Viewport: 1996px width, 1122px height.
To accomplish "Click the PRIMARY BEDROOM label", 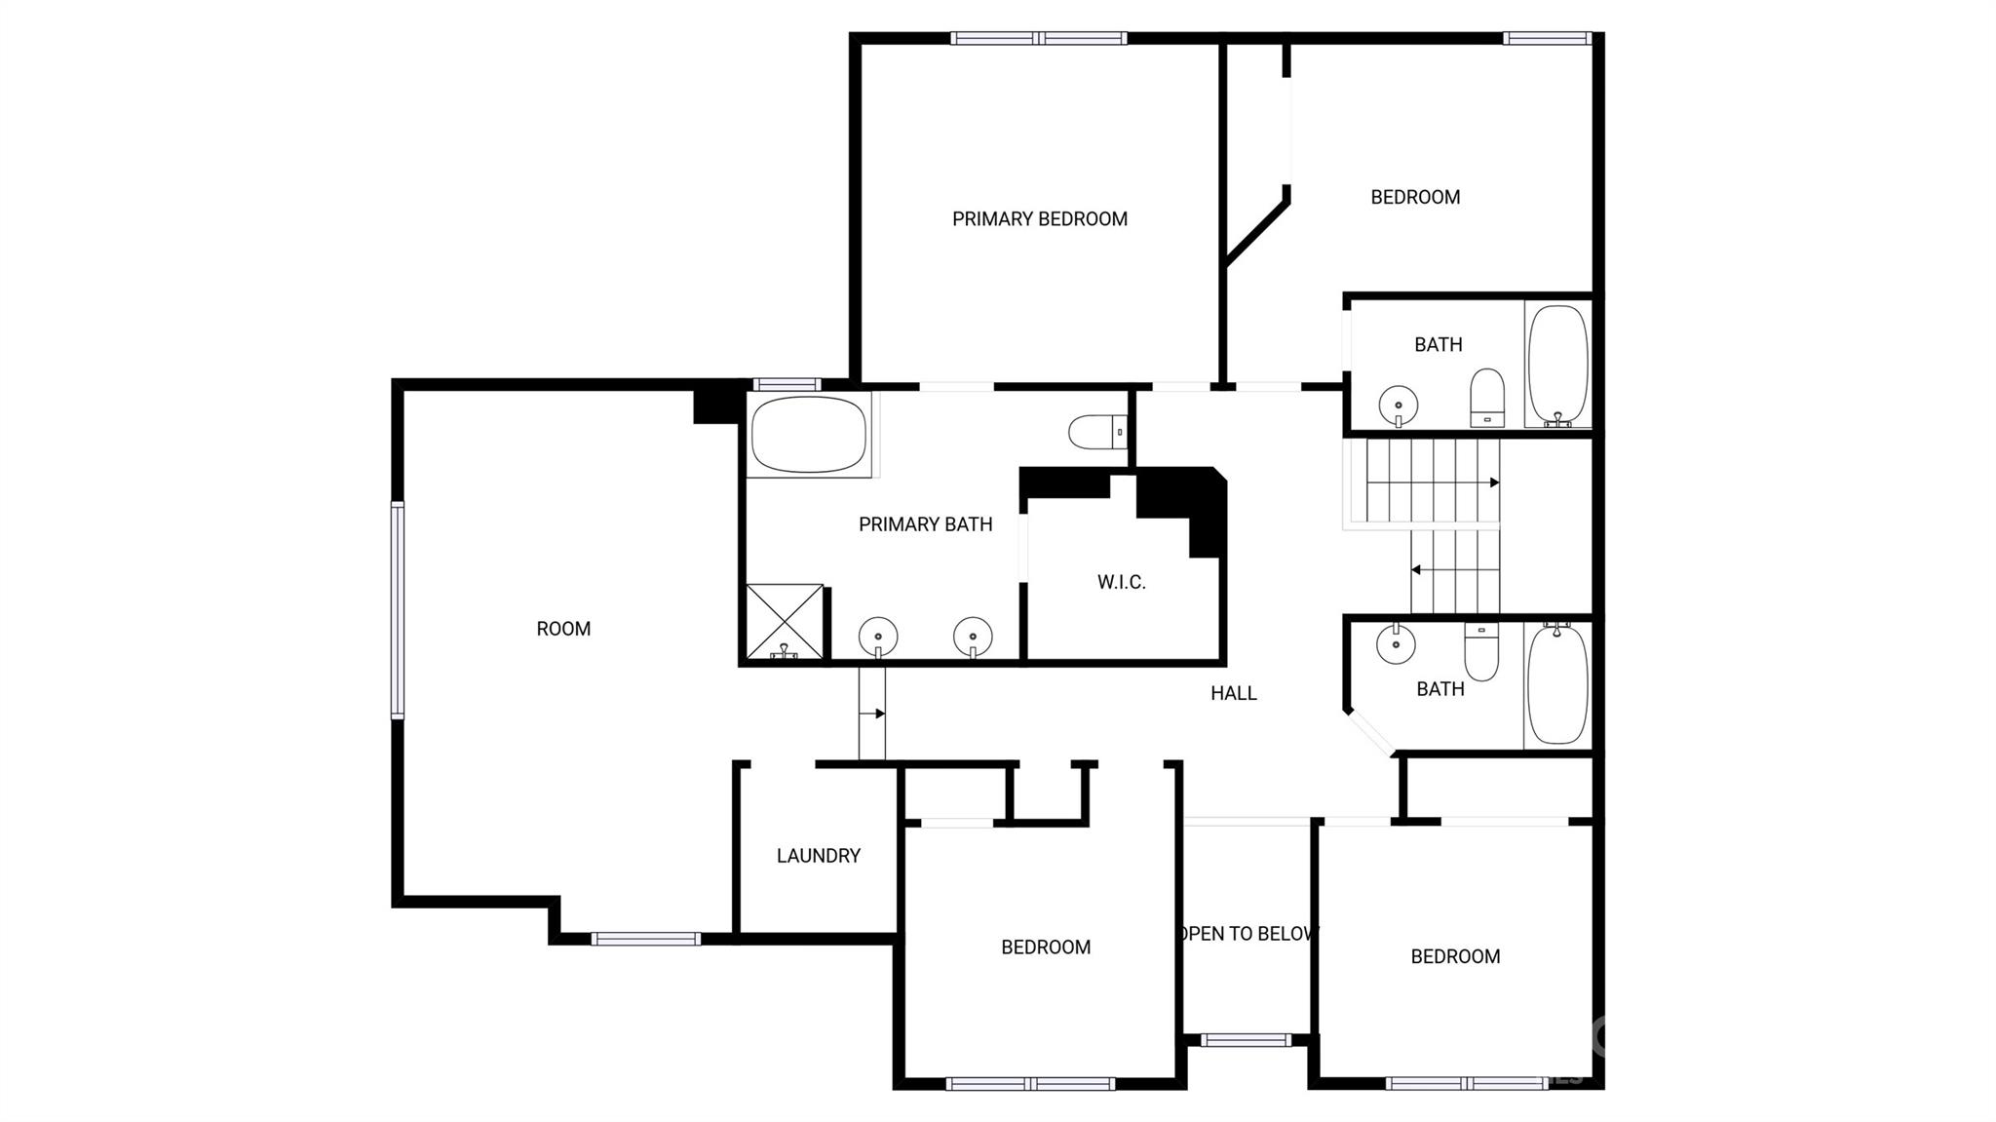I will [x=1039, y=219].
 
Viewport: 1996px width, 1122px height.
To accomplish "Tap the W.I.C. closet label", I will [x=1121, y=583].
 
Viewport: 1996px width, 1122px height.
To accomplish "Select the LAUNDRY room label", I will [x=818, y=856].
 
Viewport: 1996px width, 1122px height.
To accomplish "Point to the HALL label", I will [x=1233, y=693].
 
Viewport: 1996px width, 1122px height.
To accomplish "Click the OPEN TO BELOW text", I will [x=1248, y=934].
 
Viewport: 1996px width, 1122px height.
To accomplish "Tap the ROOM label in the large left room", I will [x=563, y=629].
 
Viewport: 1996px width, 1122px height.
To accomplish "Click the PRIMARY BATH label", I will [x=925, y=524].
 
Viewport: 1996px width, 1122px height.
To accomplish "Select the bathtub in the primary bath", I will [x=808, y=434].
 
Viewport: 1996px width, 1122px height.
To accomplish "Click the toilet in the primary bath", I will [x=1097, y=431].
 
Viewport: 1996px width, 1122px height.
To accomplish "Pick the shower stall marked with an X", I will [x=785, y=621].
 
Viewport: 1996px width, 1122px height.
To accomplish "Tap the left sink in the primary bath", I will [x=878, y=638].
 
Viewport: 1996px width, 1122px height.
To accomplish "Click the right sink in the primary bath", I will [x=973, y=638].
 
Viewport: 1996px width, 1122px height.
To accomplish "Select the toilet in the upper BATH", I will [x=1486, y=398].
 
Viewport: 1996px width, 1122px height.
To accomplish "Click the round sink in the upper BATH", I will [x=1398, y=404].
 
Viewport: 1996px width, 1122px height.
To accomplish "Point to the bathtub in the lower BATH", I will [x=1556, y=686].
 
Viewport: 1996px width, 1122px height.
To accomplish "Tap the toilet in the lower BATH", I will [x=1481, y=652].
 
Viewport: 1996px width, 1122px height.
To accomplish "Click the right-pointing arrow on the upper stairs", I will [x=1493, y=483].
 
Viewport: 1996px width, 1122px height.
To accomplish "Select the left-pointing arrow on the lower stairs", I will [x=1416, y=569].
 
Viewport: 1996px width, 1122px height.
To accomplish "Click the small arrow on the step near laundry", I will [x=878, y=714].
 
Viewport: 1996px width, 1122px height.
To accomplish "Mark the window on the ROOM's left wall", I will [x=398, y=610].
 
